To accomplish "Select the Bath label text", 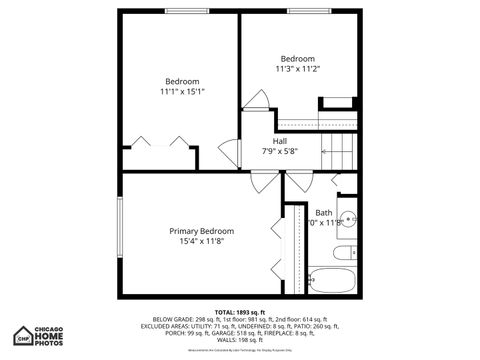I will pyautogui.click(x=324, y=212).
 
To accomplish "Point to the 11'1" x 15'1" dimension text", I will pyautogui.click(x=182, y=92).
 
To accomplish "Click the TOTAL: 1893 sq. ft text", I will pyautogui.click(x=240, y=312).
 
